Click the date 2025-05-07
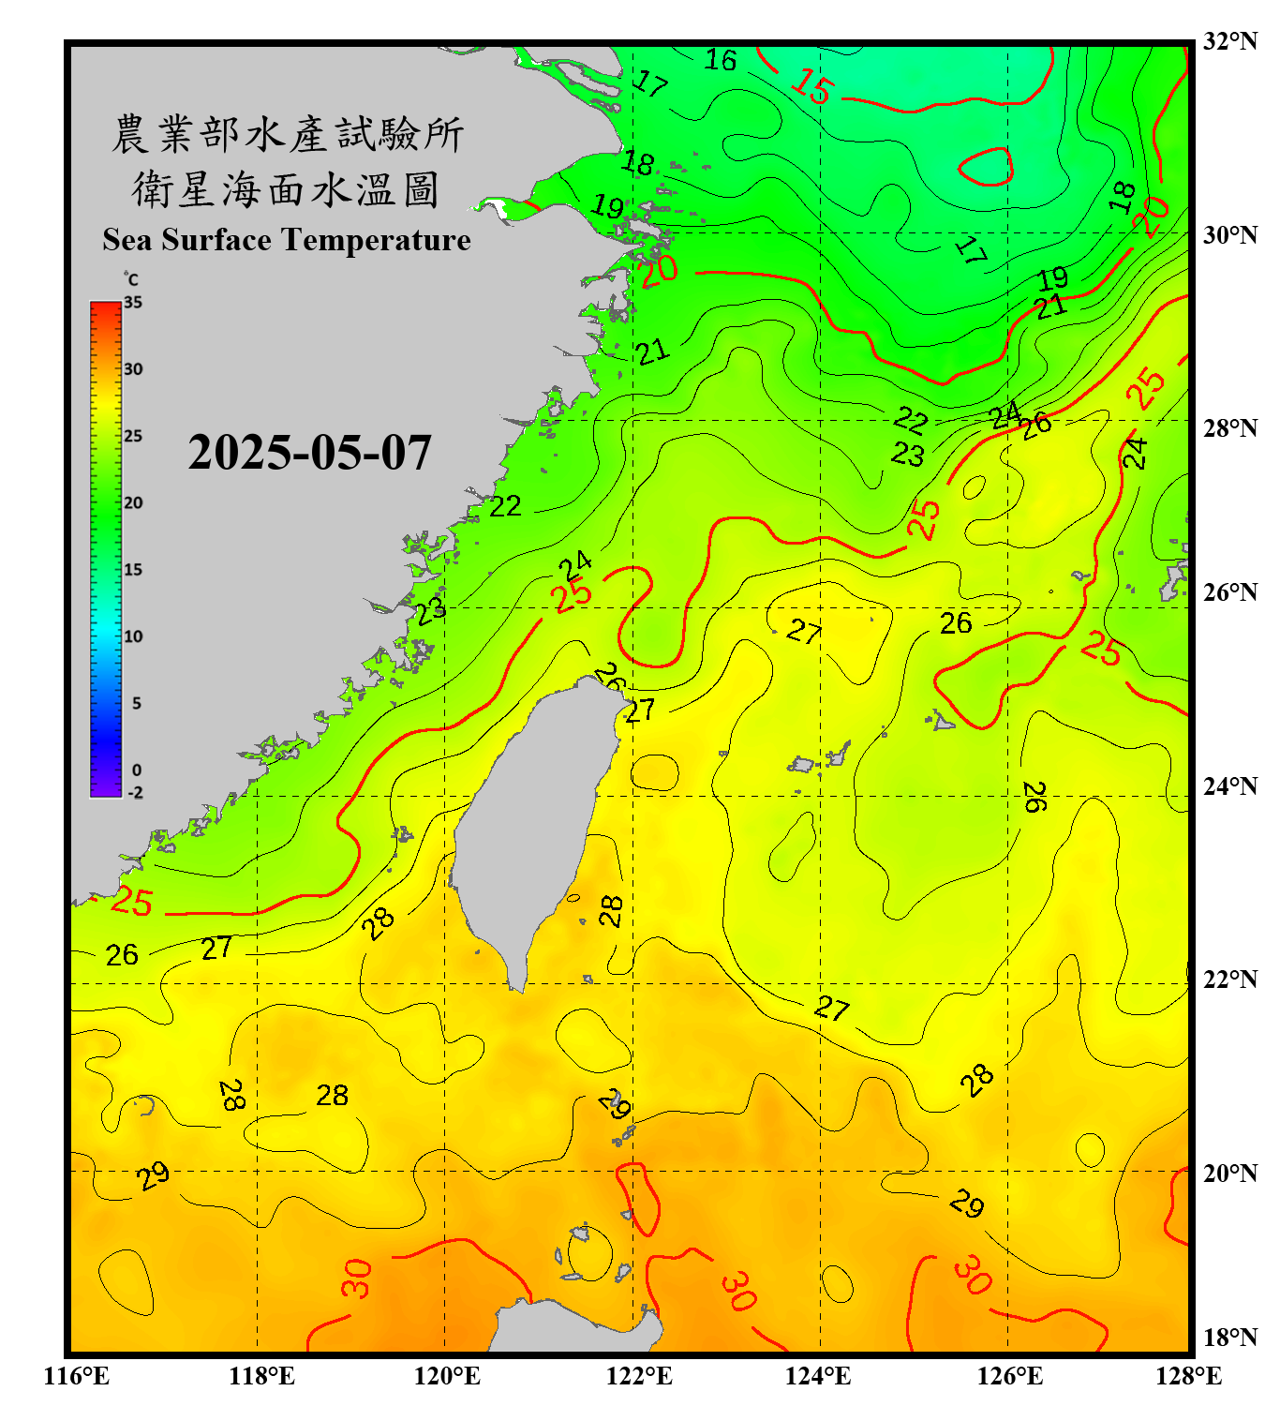coord(309,453)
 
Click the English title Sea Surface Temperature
coord(286,240)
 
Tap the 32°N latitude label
coord(1229,41)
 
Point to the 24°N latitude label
coord(1229,785)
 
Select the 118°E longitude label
coord(261,1376)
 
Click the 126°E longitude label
coord(1009,1376)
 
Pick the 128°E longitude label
coord(1188,1376)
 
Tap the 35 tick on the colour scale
coord(133,302)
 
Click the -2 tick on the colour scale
coord(135,793)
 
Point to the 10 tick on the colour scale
coord(133,636)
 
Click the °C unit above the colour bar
coord(130,279)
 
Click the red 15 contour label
coord(811,87)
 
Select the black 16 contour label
coord(720,60)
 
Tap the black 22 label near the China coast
coord(505,506)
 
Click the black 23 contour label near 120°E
coord(431,611)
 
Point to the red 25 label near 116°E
coord(130,902)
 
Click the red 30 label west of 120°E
coord(357,1279)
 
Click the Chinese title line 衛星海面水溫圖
coord(286,189)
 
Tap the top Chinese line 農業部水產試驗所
coord(288,134)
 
